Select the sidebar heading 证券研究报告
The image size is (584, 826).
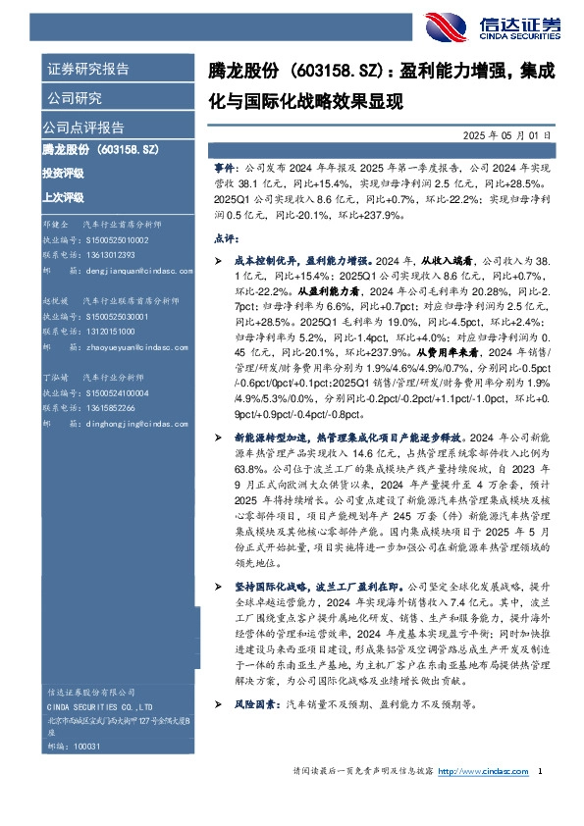coord(87,70)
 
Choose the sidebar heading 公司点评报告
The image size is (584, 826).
coord(82,128)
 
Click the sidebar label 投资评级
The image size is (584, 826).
coord(63,173)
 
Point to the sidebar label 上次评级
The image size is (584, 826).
coord(63,196)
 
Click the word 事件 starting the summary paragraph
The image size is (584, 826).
coord(224,169)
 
